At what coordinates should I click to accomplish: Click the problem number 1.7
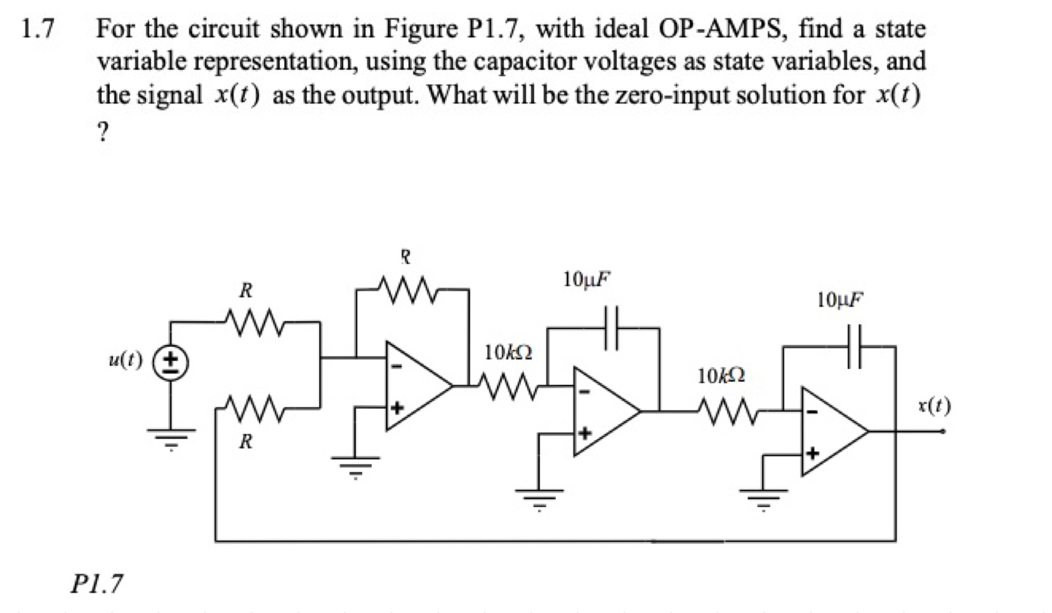click(37, 29)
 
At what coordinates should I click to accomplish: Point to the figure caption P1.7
click(96, 583)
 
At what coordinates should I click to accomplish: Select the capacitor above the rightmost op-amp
click(855, 346)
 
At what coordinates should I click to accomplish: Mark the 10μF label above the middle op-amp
click(587, 278)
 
